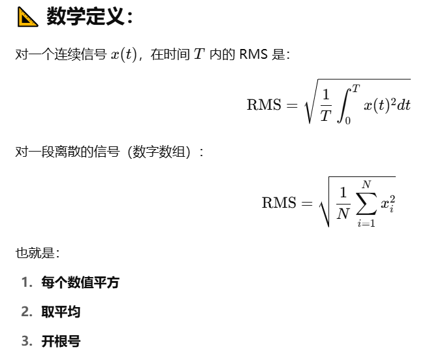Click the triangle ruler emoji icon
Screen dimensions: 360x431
point(27,17)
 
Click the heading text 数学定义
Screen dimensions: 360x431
point(85,17)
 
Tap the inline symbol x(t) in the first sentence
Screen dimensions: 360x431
point(123,55)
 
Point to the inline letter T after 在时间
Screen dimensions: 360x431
point(199,55)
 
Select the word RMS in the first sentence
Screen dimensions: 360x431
point(253,55)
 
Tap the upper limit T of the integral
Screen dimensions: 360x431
point(356,88)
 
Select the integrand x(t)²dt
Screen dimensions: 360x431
point(387,105)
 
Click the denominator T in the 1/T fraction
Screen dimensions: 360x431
point(326,116)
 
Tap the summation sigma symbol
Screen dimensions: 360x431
point(366,203)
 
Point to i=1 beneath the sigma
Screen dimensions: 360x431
point(366,223)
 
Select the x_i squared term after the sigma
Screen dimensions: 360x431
point(389,203)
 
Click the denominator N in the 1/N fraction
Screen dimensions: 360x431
point(343,213)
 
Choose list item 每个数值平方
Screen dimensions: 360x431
point(80,282)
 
